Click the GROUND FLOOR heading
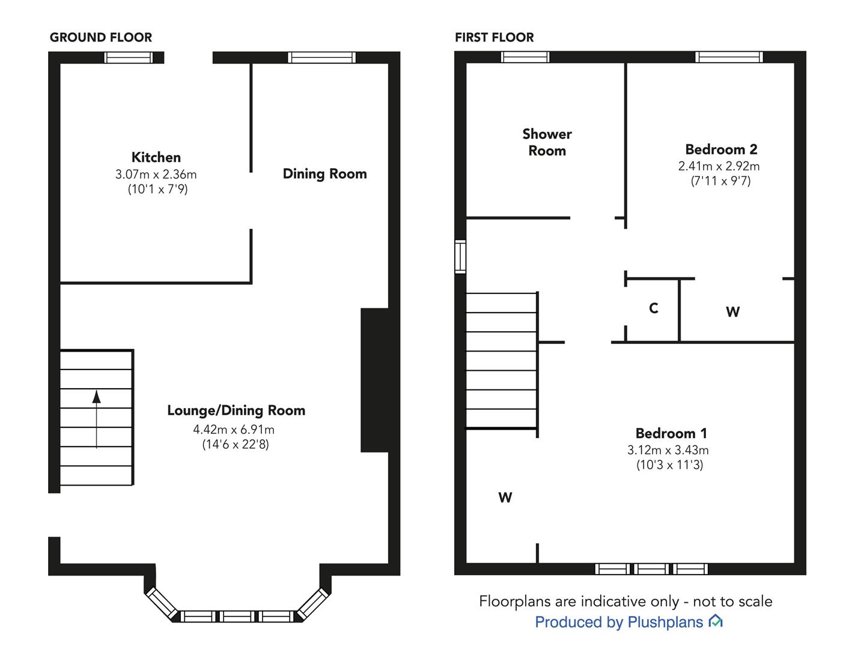100,37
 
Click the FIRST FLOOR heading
494,37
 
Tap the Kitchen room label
156,157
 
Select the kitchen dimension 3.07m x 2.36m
156,174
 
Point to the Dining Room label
325,174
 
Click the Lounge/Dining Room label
236,410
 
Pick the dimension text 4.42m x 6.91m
234,430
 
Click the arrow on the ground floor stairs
97,419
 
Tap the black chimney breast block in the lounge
374,380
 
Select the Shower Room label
547,142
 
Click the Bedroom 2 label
721,150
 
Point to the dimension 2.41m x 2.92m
719,166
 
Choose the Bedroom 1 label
671,433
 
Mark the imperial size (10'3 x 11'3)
669,465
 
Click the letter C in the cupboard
654,308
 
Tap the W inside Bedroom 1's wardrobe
505,498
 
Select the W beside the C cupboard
732,312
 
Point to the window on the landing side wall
460,257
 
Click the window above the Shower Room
525,57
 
